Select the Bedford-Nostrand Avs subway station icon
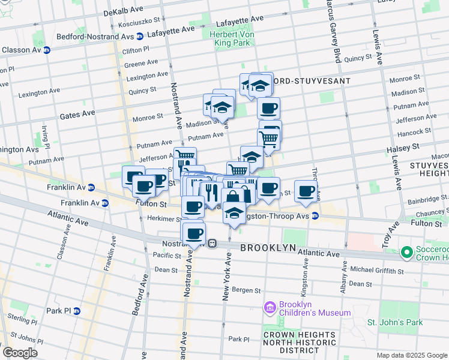[140, 36]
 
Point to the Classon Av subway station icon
[46, 50]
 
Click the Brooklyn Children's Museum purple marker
[270, 308]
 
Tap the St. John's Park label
[395, 322]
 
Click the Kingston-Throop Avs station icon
[314, 216]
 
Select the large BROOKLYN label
[268, 248]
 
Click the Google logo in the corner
[19, 353]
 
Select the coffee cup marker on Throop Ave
[306, 191]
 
